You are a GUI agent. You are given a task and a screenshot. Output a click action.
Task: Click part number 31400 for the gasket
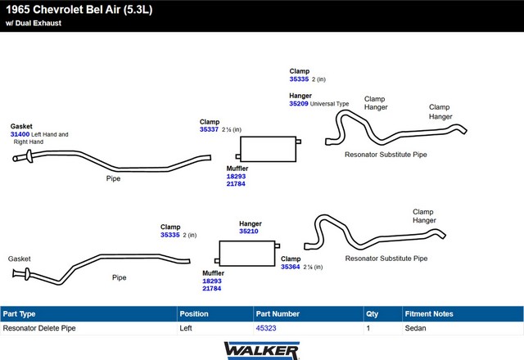point(20,134)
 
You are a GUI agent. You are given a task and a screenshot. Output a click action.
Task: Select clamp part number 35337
point(209,129)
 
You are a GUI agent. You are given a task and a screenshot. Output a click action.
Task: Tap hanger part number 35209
point(298,104)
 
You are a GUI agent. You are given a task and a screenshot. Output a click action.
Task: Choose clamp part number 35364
point(290,267)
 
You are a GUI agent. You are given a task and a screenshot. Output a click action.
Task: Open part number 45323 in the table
point(266,328)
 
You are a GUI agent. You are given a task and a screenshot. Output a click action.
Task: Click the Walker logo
point(261,349)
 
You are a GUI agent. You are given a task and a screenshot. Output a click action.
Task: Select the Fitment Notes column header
point(428,313)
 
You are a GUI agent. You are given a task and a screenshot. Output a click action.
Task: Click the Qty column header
point(373,313)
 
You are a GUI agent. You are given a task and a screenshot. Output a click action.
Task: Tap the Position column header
point(195,313)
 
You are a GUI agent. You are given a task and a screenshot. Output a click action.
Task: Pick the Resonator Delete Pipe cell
point(39,328)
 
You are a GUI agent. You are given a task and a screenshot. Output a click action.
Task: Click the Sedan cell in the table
point(415,328)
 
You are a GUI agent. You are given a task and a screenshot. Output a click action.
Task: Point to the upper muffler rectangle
point(267,149)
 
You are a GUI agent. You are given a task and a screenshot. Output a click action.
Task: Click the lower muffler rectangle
point(245,253)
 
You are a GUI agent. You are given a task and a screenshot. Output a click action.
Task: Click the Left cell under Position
point(186,328)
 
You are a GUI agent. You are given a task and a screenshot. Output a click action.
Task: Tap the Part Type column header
point(20,313)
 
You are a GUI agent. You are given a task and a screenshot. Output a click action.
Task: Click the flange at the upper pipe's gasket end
point(29,155)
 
